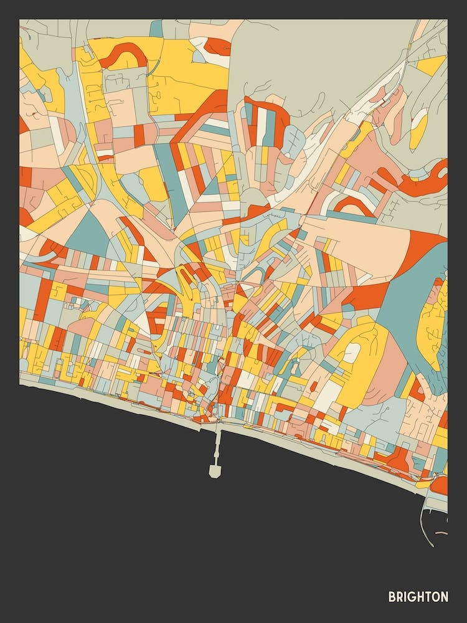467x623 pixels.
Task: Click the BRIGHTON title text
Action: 418,597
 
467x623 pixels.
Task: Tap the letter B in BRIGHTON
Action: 392,597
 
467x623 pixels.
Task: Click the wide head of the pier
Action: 215,471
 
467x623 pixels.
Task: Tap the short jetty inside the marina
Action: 441,533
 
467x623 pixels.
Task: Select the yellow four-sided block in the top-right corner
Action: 432,65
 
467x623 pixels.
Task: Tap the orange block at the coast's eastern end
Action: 440,484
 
